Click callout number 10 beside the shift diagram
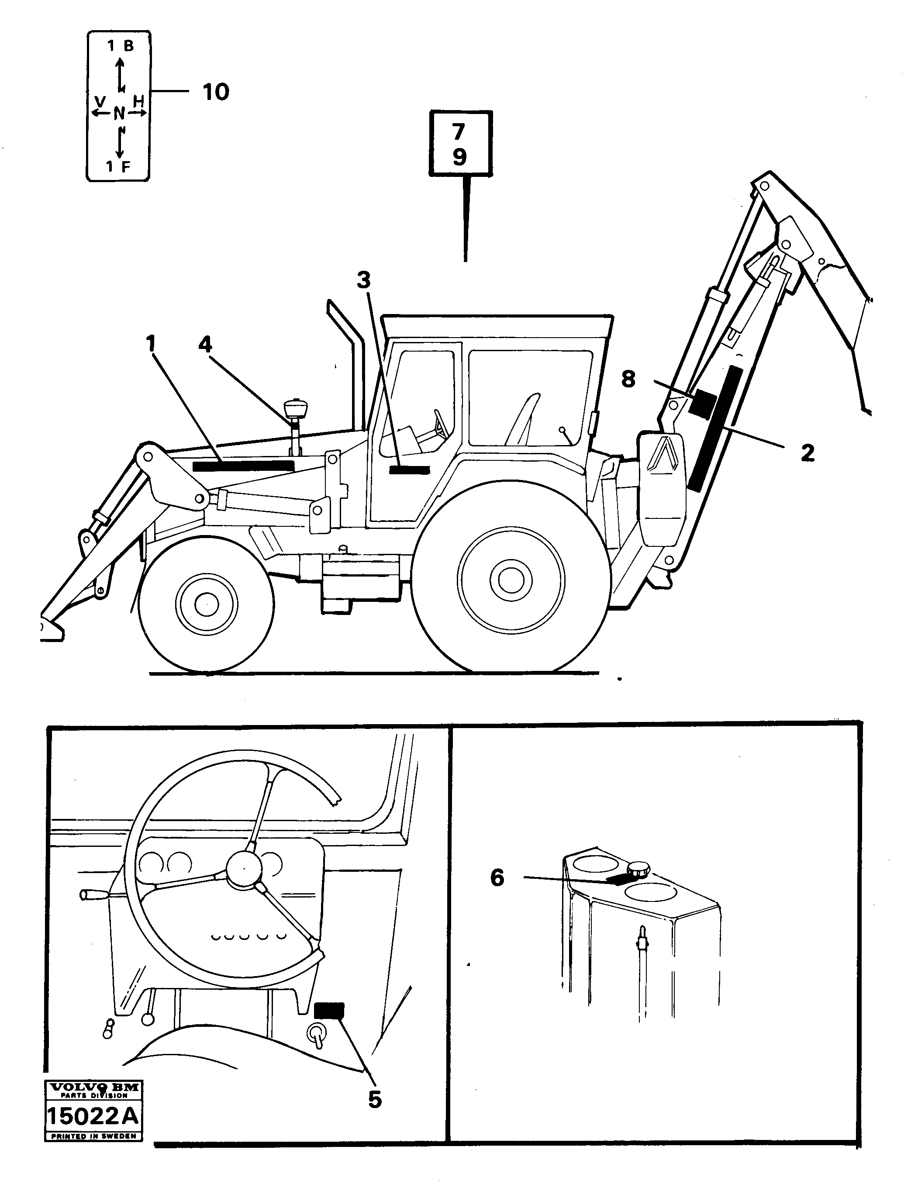pyautogui.click(x=216, y=92)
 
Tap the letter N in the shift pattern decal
pyautogui.click(x=119, y=113)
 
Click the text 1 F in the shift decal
pyautogui.click(x=118, y=166)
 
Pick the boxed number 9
pyautogui.click(x=459, y=157)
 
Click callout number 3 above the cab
pyautogui.click(x=363, y=280)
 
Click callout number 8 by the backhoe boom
pyautogui.click(x=628, y=379)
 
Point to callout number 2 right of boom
pyautogui.click(x=807, y=453)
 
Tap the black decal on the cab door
pyautogui.click(x=409, y=470)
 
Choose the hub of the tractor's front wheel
pyautogui.click(x=206, y=604)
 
